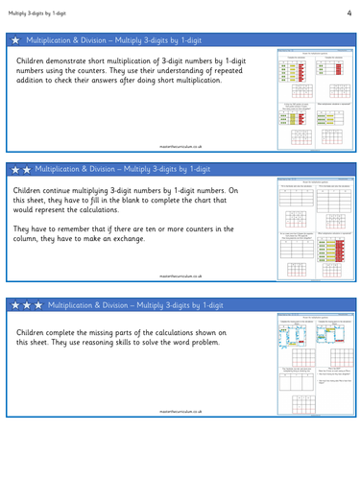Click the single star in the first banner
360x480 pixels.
(x=14, y=40)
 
